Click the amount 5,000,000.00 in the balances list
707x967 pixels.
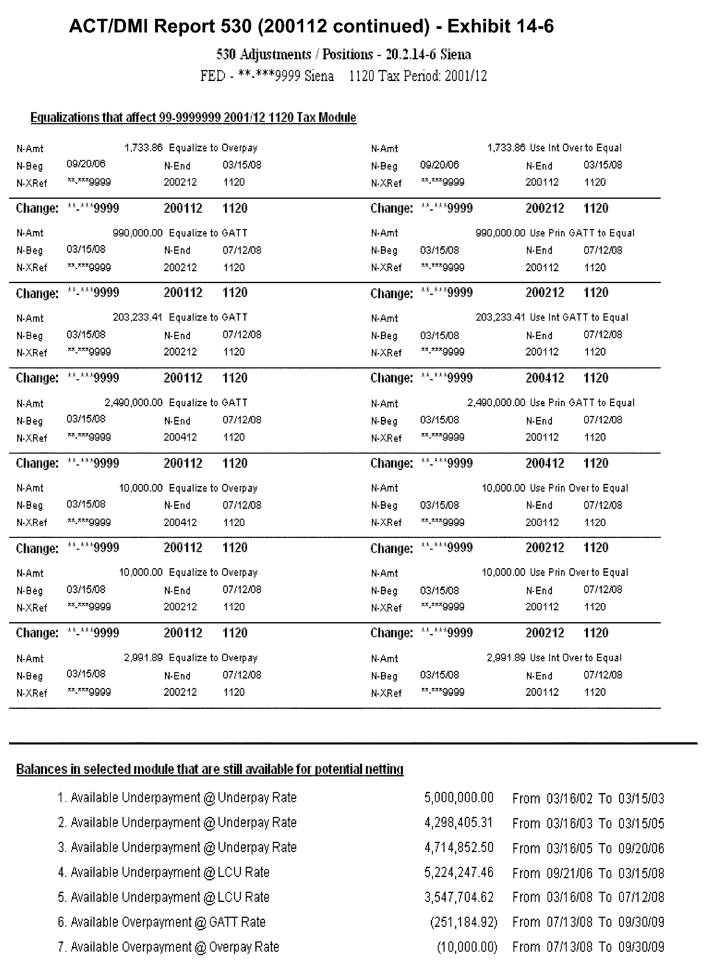tap(459, 798)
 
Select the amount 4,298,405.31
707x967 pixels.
tap(459, 823)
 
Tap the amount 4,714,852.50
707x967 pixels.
tap(459, 848)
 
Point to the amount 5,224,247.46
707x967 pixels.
tap(459, 873)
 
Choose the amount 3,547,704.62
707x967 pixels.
tap(459, 897)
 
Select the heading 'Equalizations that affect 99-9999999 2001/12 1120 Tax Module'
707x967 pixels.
tap(194, 118)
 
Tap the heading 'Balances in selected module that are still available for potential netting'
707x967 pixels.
tap(210, 769)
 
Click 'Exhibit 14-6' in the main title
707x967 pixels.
tap(500, 27)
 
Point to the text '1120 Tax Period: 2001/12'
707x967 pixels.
tap(418, 76)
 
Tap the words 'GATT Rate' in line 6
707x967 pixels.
tap(237, 922)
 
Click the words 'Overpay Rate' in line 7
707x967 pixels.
tap(244, 947)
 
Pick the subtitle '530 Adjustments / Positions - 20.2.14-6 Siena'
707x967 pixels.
tap(344, 55)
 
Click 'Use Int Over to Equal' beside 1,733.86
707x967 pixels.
tap(576, 148)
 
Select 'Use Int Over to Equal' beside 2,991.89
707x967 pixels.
tap(576, 658)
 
